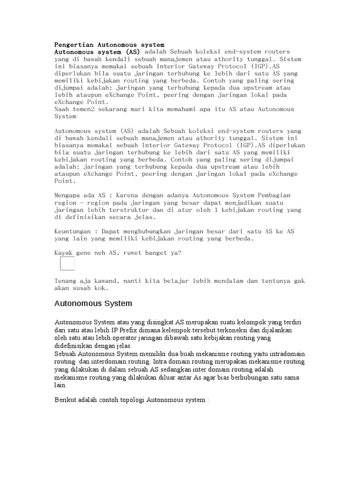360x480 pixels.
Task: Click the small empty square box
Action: coord(67,263)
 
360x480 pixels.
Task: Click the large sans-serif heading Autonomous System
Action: coord(93,304)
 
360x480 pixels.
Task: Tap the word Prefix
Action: coord(127,330)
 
